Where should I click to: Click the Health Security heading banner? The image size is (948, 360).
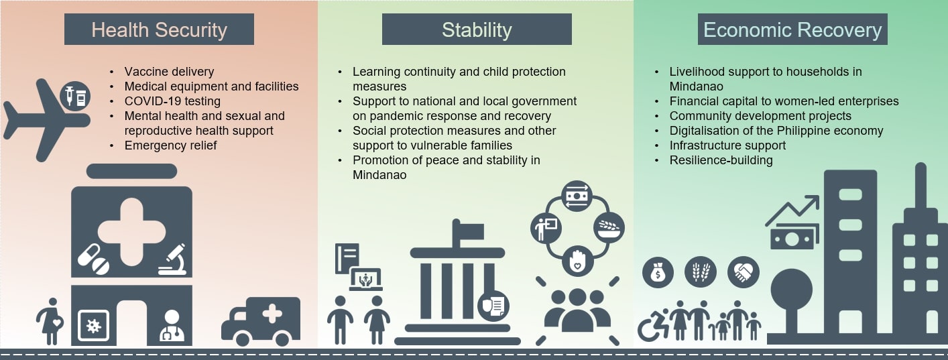coord(159,29)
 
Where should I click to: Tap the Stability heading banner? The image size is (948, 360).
coord(477,29)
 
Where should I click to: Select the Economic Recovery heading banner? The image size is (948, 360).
coord(792,29)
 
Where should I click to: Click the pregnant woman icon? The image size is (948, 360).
coord(50,322)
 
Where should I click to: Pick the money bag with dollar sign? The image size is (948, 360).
coord(658,272)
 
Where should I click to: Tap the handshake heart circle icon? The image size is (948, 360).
coord(743,272)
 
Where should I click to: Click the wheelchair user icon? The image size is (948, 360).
coord(652,325)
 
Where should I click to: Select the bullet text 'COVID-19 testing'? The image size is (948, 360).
coord(172,101)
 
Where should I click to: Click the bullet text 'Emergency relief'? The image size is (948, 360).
coord(170,145)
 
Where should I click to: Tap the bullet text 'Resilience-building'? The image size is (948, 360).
coord(721,160)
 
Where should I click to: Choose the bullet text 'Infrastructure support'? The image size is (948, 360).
coord(727,145)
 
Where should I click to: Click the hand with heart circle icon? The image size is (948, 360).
coord(577,261)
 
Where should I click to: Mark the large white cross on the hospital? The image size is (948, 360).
coord(131,232)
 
